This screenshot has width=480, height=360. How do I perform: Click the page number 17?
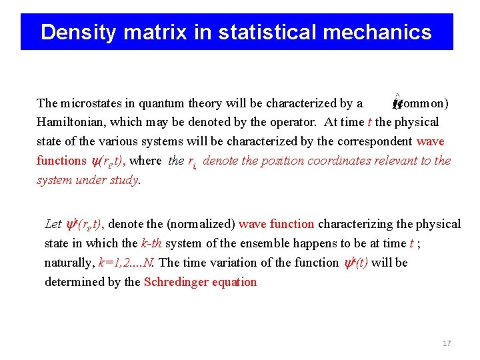tap(447, 343)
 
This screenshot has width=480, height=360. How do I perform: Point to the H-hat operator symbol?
tap(397, 103)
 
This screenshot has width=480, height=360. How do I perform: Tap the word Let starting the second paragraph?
tap(53, 224)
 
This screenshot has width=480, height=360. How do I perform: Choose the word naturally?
tap(69, 263)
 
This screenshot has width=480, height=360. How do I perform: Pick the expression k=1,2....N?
tap(127, 263)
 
